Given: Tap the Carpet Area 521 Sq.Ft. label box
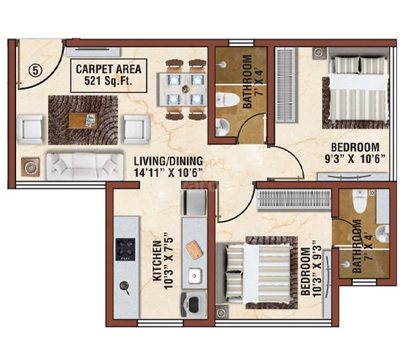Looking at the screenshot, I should coord(108,75).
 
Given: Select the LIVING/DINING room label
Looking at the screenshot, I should coord(167,166).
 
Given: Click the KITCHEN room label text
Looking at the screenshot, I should coord(160,258).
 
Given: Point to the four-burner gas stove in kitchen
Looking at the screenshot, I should coord(125,249).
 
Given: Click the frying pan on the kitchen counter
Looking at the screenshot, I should coord(124,286).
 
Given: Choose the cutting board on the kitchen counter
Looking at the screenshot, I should coord(194,249).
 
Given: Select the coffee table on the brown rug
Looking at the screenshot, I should coord(83,120).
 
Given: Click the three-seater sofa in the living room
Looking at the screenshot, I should coord(84,166).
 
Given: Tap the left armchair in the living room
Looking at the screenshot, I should coord(30,128).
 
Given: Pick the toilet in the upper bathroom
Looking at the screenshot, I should coord(228,100).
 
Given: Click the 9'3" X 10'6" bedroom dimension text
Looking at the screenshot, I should coord(352,158).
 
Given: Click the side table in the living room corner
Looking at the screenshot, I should coord(30,167).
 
